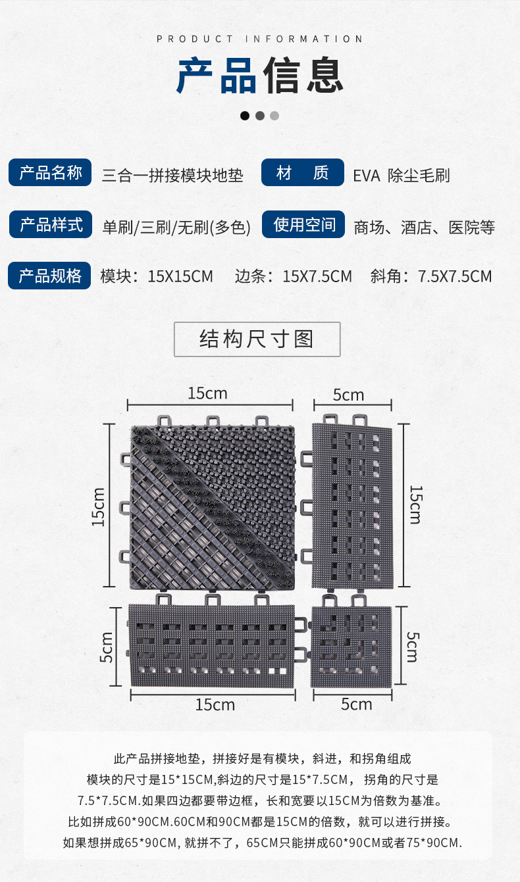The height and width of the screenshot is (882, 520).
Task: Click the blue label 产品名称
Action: [x=51, y=173]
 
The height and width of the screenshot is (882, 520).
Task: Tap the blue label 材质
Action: [x=303, y=173]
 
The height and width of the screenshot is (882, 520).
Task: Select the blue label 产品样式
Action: [x=51, y=224]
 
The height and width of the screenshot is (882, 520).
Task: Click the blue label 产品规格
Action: [x=49, y=276]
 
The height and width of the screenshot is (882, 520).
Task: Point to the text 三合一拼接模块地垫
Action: [x=172, y=176]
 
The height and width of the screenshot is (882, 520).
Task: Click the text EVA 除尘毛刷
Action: [x=401, y=176]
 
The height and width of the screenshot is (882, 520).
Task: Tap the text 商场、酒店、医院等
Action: [x=424, y=228]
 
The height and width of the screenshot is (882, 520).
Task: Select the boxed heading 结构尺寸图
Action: [x=257, y=339]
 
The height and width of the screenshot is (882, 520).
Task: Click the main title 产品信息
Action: [x=260, y=76]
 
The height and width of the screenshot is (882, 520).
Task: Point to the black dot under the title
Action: [x=245, y=116]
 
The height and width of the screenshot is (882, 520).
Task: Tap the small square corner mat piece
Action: [x=351, y=646]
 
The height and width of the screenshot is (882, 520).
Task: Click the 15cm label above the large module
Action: [x=207, y=393]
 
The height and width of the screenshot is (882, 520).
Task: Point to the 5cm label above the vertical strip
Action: [x=348, y=395]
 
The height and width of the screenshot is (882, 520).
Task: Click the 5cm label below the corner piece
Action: [x=356, y=704]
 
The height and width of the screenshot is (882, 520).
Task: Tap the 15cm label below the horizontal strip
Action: [x=215, y=704]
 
